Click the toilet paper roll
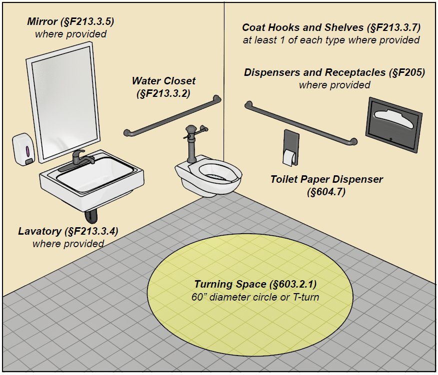(x=289, y=157)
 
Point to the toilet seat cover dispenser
(x=392, y=124)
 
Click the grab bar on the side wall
(x=300, y=123)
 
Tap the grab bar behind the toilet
(x=172, y=116)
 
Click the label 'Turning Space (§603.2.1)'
(x=255, y=285)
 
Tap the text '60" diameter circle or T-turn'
(x=255, y=298)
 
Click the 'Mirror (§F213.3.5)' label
(x=70, y=21)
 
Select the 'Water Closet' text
(x=163, y=80)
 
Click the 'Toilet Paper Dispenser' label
(x=326, y=179)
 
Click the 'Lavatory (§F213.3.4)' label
(x=68, y=231)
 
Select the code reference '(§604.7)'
(x=326, y=191)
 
